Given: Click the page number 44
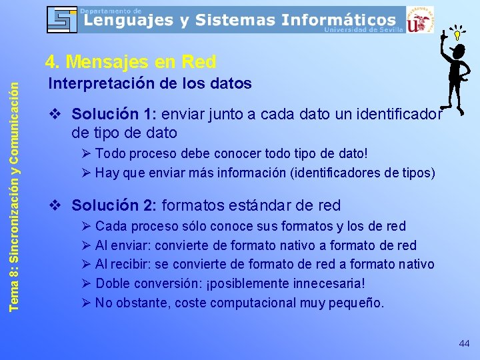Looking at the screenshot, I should (464, 343).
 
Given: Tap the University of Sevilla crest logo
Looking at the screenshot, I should (419, 19).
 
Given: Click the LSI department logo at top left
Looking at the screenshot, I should (62, 19).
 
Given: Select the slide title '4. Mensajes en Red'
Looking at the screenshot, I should (131, 62).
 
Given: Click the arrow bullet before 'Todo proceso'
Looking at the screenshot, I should (85, 154).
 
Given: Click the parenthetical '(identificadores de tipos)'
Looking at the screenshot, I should (364, 173).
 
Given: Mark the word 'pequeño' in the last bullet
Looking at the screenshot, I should (358, 303).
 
